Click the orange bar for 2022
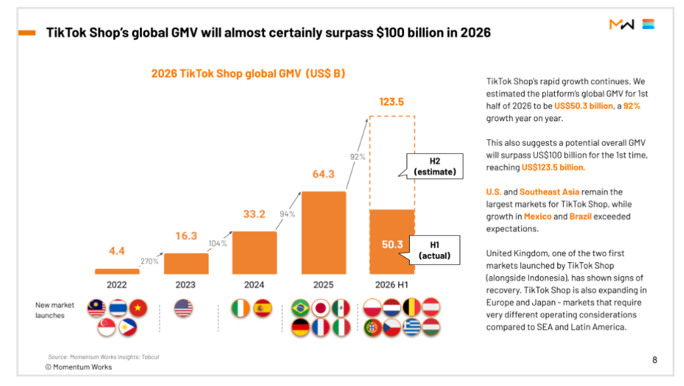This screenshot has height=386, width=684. [x=117, y=271]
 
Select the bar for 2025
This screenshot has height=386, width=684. [x=324, y=233]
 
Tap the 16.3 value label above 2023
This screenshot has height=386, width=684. [x=186, y=236]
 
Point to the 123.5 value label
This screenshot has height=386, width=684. [x=391, y=102]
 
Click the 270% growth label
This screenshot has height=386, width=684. [x=149, y=261]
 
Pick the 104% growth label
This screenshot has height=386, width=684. [x=218, y=243]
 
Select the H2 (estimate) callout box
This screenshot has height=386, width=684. [x=434, y=166]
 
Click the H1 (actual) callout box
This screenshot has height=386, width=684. [x=434, y=250]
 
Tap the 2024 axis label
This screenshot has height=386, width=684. [x=254, y=285]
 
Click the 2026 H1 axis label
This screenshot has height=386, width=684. [x=391, y=285]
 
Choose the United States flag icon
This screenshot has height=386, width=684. [x=183, y=308]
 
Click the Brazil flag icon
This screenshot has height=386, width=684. [x=300, y=308]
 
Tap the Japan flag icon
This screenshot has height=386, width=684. [x=320, y=308]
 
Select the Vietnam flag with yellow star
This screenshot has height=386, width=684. [x=138, y=308]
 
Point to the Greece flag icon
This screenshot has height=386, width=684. [x=412, y=328]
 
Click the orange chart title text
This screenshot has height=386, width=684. [x=248, y=74]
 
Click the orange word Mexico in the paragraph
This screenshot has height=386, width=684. [x=538, y=217]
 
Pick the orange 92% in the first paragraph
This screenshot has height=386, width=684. [x=631, y=106]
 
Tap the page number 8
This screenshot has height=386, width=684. [x=654, y=360]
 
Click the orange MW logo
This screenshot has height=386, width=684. [x=622, y=25]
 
